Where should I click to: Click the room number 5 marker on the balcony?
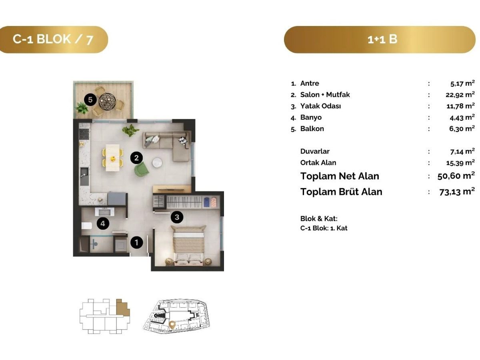(90, 100)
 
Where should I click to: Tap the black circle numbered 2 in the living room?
(136, 158)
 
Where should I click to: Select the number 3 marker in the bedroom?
(177, 217)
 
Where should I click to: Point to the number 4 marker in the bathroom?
(103, 223)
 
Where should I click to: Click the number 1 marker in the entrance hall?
(137, 242)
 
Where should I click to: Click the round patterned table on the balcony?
(107, 101)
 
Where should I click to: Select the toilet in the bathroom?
(86, 226)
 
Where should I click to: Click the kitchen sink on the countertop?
(84, 176)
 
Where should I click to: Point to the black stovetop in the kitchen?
(84, 134)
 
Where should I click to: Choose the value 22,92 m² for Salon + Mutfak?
(460, 94)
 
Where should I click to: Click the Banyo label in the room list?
(311, 117)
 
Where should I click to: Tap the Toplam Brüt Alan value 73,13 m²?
(457, 192)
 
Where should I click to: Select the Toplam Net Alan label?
(340, 176)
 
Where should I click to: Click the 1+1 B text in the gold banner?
(382, 39)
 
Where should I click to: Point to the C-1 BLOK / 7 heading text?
(53, 39)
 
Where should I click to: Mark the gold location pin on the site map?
(172, 325)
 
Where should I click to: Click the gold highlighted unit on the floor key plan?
(123, 308)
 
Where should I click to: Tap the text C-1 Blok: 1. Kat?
(324, 228)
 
